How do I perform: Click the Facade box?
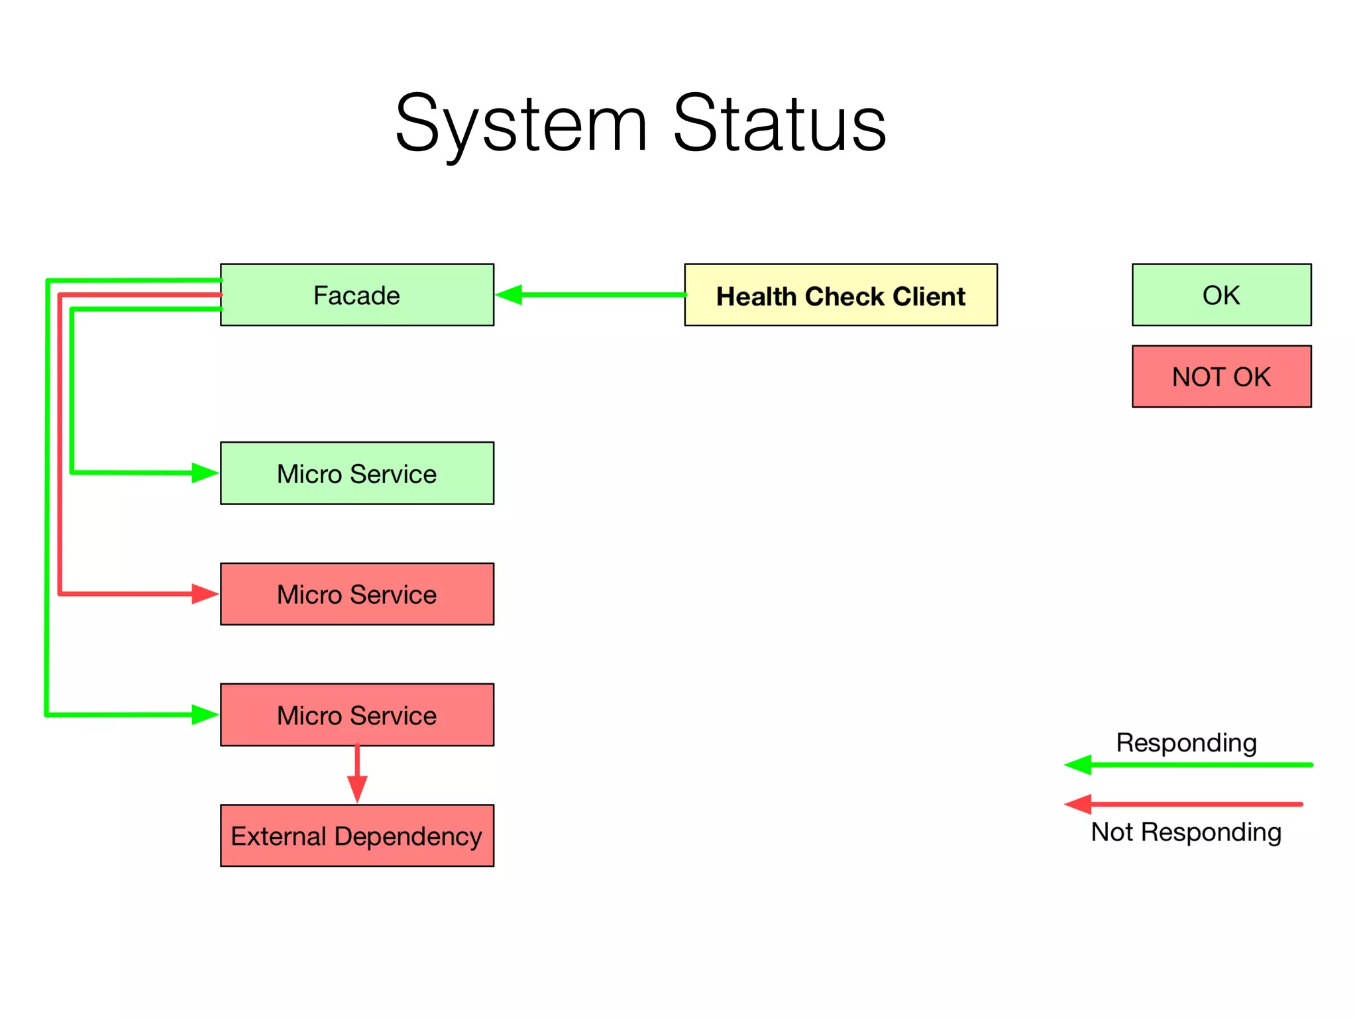click(356, 295)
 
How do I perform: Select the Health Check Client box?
click(840, 295)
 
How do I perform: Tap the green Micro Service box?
click(356, 473)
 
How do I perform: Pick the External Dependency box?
click(356, 836)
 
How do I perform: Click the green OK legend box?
click(1221, 295)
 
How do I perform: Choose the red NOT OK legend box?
click(1221, 376)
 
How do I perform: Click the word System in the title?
click(521, 124)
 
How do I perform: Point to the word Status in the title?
click(779, 124)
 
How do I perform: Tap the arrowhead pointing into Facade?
click(509, 295)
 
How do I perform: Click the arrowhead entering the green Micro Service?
click(204, 473)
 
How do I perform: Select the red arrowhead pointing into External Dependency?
click(357, 789)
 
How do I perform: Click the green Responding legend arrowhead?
click(1078, 765)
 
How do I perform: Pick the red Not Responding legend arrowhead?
click(1078, 805)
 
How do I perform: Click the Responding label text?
click(1186, 742)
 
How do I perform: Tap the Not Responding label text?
click(1186, 832)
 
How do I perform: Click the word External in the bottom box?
click(278, 836)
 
